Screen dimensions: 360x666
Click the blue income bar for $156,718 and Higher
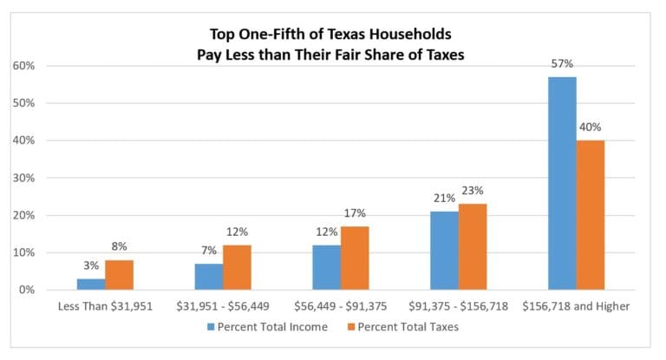(562, 183)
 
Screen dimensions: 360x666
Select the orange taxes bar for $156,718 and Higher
(590, 214)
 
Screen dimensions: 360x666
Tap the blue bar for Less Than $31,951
(91, 284)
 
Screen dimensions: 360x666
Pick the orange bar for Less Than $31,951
(119, 274)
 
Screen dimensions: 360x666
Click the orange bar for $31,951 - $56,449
(237, 267)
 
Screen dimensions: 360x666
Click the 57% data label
(562, 64)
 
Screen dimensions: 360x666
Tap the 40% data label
(591, 128)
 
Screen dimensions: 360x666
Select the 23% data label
(473, 191)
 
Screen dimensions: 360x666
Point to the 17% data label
(356, 213)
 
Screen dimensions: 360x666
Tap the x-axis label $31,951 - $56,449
(223, 306)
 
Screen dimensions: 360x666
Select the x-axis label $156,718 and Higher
(576, 306)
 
